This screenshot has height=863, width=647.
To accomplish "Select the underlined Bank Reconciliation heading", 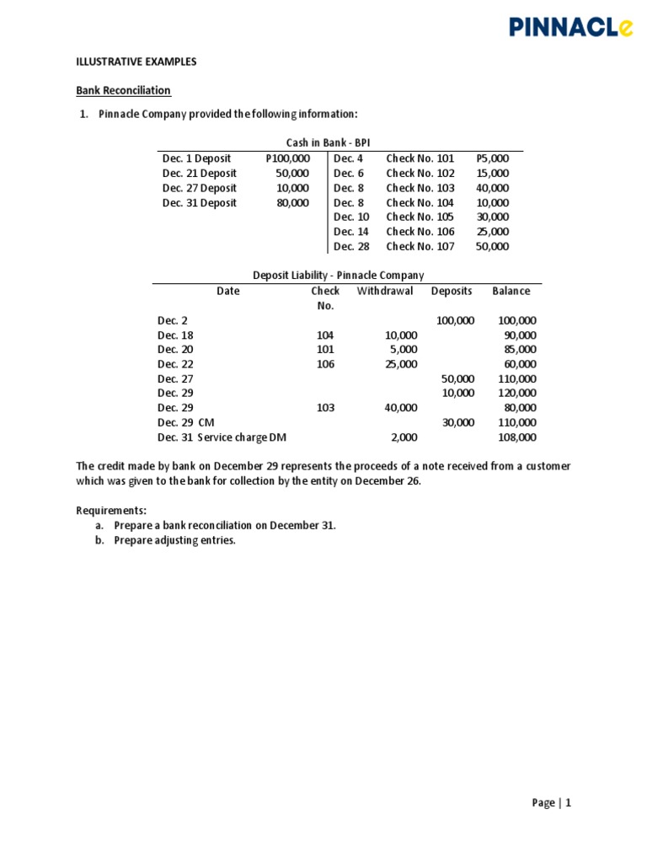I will tap(124, 90).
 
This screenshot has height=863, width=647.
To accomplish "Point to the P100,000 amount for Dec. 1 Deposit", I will tap(287, 158).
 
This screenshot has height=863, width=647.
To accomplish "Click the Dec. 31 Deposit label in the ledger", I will tap(200, 203).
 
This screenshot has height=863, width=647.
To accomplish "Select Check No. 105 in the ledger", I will tap(420, 217).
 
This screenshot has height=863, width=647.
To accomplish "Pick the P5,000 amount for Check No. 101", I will tap(493, 158).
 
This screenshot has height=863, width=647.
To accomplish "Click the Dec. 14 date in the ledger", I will tap(351, 232).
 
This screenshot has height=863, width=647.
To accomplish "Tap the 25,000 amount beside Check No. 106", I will tap(493, 232).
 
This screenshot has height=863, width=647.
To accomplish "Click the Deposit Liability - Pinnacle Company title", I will tap(339, 276).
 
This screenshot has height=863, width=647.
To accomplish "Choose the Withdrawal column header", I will tap(385, 292).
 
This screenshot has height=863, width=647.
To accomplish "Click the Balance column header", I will tap(511, 292).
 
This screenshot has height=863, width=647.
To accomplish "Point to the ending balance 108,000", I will tap(516, 437).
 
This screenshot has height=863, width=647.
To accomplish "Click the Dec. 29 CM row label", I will tap(186, 423).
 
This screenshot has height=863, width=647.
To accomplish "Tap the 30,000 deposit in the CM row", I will tap(458, 423).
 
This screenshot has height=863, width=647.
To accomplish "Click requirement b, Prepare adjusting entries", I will tap(174, 541).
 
